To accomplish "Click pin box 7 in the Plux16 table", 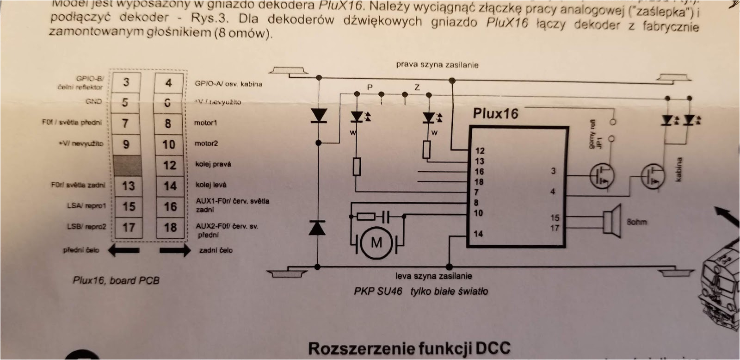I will pyautogui.click(x=125, y=124).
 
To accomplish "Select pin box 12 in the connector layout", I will pyautogui.click(x=170, y=165).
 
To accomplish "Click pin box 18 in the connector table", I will pyautogui.click(x=170, y=228).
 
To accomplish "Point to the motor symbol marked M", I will pyautogui.click(x=376, y=242).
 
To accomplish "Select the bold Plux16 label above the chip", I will pyautogui.click(x=495, y=114).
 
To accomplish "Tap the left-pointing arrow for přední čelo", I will pyautogui.click(x=123, y=250).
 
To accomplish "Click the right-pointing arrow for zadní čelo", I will pyautogui.click(x=174, y=250).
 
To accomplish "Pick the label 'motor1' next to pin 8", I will pyautogui.click(x=205, y=123).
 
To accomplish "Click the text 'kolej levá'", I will pyautogui.click(x=211, y=185).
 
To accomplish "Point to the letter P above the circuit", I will pyautogui.click(x=370, y=87).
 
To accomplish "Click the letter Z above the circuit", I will pyautogui.click(x=417, y=87).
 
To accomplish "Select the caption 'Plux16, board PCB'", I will pyautogui.click(x=116, y=280).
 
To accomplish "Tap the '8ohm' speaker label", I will pyautogui.click(x=636, y=222).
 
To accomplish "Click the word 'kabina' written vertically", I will pyautogui.click(x=678, y=169).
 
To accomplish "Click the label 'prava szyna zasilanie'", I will pyautogui.click(x=437, y=65).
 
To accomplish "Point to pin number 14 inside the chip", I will pyautogui.click(x=478, y=234).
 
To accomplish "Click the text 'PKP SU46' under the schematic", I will pyautogui.click(x=378, y=292).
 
